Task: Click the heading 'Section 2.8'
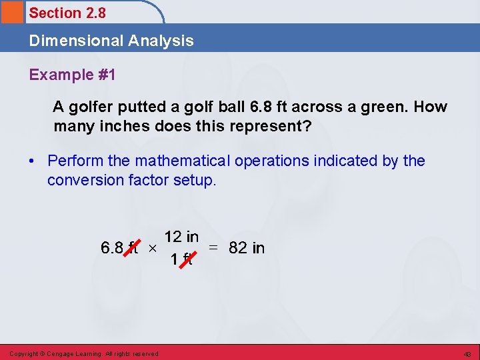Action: click(67, 13)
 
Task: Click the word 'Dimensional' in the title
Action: click(69, 41)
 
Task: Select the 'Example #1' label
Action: click(72, 75)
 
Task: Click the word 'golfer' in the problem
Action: click(90, 107)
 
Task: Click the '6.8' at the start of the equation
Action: click(111, 248)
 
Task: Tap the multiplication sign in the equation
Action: click(152, 249)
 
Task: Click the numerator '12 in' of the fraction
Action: click(181, 237)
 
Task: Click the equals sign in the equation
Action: click(213, 248)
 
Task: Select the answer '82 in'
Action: click(246, 248)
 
